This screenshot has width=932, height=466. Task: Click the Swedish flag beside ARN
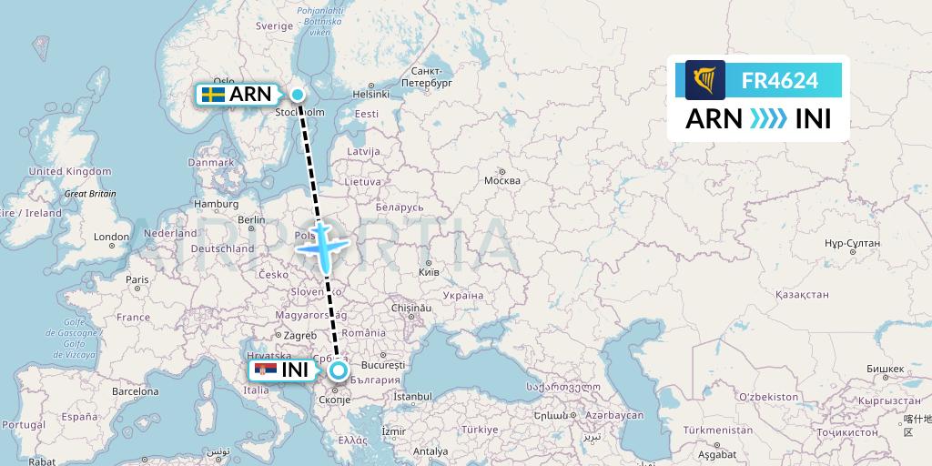click(x=214, y=95)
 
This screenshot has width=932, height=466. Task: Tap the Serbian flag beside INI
click(x=266, y=370)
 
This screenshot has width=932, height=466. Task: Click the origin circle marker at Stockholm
click(x=299, y=95)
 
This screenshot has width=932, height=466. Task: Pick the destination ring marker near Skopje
click(x=339, y=370)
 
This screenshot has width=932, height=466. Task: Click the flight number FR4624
click(x=780, y=80)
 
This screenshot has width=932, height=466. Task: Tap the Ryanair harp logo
click(x=705, y=80)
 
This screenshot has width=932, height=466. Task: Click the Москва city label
click(x=501, y=180)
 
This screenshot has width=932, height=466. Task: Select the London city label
click(x=111, y=237)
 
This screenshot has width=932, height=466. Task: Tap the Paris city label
click(x=137, y=279)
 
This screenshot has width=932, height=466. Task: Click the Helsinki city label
click(x=371, y=94)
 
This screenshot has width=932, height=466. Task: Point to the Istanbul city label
click(x=412, y=397)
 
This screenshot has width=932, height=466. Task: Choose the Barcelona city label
click(x=135, y=392)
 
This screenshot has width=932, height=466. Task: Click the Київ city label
click(x=428, y=272)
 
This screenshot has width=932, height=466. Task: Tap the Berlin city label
click(x=250, y=219)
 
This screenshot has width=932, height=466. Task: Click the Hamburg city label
click(x=216, y=204)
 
